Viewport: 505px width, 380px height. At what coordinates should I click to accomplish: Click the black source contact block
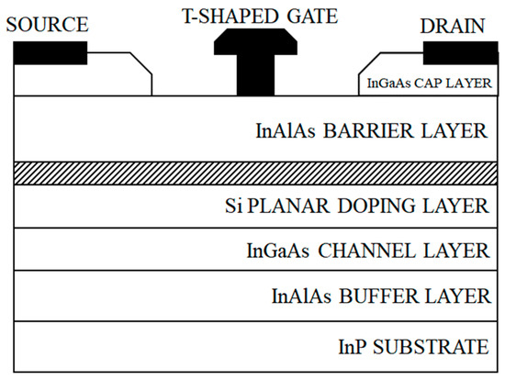(50, 53)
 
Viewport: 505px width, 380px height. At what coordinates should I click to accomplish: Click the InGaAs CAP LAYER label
(425, 83)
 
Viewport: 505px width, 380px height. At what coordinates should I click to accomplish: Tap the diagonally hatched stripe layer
(252, 173)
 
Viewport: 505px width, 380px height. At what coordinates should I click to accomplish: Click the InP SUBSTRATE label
(411, 347)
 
